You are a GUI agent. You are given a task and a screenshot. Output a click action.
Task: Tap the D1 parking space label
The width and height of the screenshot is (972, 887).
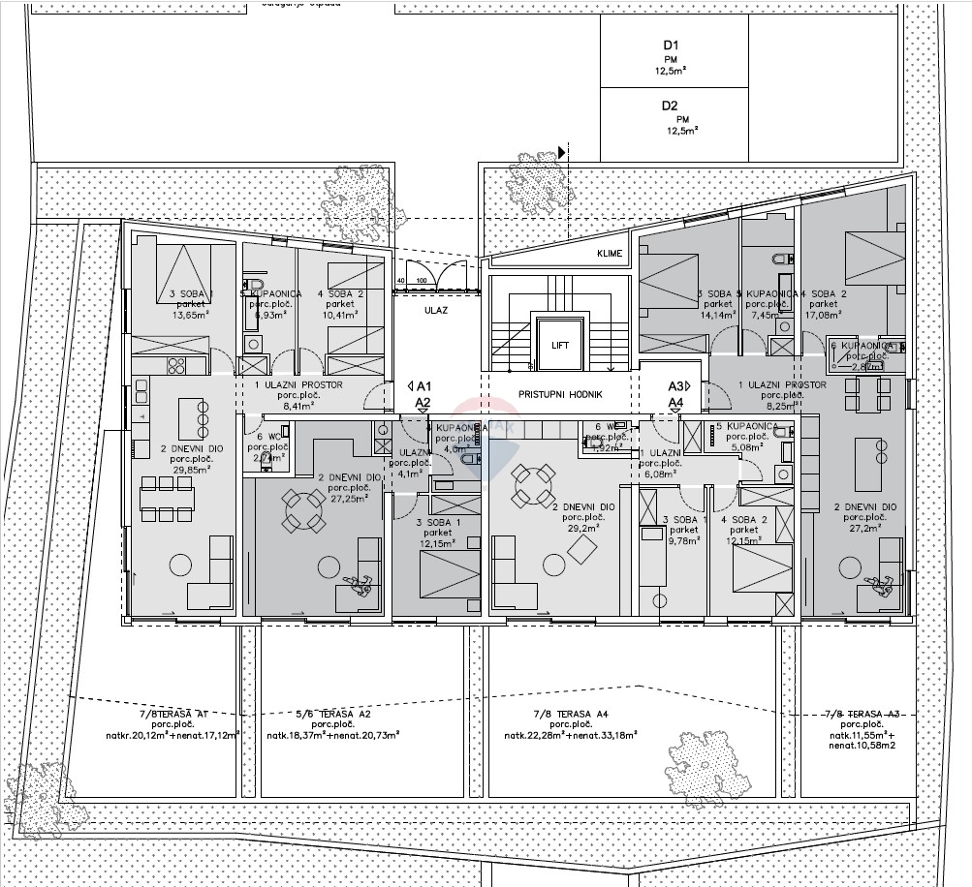tap(671, 46)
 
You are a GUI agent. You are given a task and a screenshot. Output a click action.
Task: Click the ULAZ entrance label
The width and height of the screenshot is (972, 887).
tap(433, 313)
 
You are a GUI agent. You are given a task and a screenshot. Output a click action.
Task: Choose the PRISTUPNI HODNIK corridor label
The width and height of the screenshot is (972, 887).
tap(561, 395)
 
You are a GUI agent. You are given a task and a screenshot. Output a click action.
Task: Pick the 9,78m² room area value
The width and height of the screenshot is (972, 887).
tap(683, 541)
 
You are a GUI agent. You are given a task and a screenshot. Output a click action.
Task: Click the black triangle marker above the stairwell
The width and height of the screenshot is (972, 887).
tap(561, 153)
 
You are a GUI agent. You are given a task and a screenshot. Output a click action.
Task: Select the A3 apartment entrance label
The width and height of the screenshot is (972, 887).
tap(675, 385)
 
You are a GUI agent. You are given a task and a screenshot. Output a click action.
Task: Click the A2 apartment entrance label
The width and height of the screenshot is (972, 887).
tap(423, 402)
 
